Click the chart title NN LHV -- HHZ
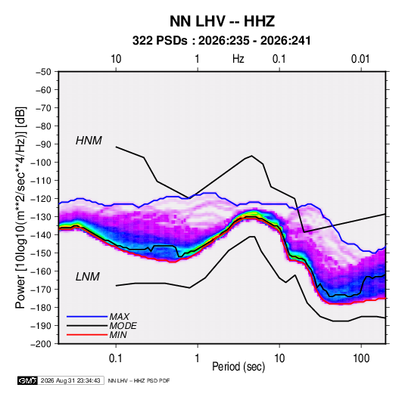click(222, 21)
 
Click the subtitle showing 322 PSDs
click(221, 41)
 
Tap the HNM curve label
click(89, 141)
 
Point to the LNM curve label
click(87, 277)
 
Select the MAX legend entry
click(119, 316)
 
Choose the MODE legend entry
click(123, 326)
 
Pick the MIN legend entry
click(118, 335)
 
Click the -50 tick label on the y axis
click(43, 72)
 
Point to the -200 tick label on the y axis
click(41, 344)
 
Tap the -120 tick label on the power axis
click(41, 199)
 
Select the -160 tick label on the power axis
click(41, 271)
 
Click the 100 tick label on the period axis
click(361, 358)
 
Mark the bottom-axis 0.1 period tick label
click(116, 358)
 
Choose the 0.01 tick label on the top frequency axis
click(360, 59)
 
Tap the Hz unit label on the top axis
click(238, 59)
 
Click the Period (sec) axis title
click(238, 367)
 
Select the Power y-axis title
click(21, 207)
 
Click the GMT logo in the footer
click(27, 380)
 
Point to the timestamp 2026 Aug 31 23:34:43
click(70, 380)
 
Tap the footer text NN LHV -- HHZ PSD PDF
click(139, 380)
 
